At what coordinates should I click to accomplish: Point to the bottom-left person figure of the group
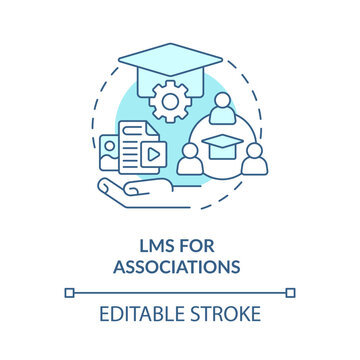[x=191, y=159]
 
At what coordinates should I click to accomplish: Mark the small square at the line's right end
[x=291, y=293]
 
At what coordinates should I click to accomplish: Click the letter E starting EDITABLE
[x=103, y=316]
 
